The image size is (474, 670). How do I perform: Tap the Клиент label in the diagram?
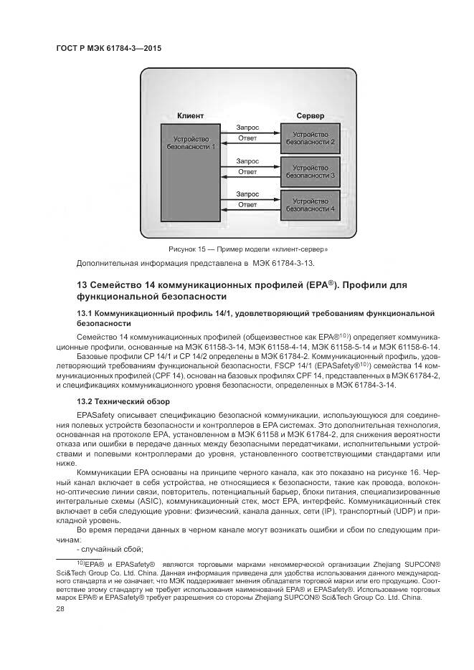coord(191,115)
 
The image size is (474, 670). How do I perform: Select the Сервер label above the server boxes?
coord(309,115)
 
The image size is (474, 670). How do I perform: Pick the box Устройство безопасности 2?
coord(309,138)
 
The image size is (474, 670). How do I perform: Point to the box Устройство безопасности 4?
coord(309,204)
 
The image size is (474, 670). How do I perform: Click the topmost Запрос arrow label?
coord(247,128)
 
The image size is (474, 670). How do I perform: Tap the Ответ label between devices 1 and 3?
coord(247,173)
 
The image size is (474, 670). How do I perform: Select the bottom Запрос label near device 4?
coord(247,194)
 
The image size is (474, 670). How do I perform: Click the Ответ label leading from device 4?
coord(247,206)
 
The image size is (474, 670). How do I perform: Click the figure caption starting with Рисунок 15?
coord(248,249)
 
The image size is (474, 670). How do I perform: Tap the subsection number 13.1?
coord(85,313)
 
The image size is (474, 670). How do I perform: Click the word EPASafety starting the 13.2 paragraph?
coord(97,414)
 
